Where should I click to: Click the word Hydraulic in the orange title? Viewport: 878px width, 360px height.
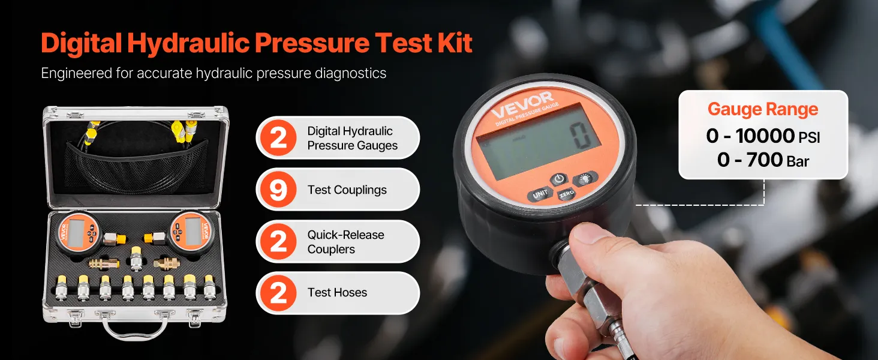click(188, 43)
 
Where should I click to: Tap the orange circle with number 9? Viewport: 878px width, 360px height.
click(278, 190)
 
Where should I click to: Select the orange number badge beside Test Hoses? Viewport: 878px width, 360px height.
click(278, 293)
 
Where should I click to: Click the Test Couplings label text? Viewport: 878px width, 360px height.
click(347, 190)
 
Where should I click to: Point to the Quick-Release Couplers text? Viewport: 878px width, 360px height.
click(345, 242)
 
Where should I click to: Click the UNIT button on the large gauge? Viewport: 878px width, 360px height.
click(540, 194)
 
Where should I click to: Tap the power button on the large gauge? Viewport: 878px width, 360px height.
click(560, 179)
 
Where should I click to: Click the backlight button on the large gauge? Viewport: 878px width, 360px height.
click(585, 178)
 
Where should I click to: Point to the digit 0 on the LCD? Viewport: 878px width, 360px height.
click(581, 136)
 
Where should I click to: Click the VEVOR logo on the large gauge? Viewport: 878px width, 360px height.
click(522, 105)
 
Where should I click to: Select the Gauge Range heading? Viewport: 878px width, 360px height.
click(763, 109)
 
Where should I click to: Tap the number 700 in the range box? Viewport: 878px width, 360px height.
click(764, 160)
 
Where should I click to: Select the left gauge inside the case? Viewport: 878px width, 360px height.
click(77, 233)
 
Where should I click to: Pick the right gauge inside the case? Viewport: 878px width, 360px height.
click(191, 233)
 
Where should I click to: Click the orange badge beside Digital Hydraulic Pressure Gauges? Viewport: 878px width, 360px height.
click(278, 137)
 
